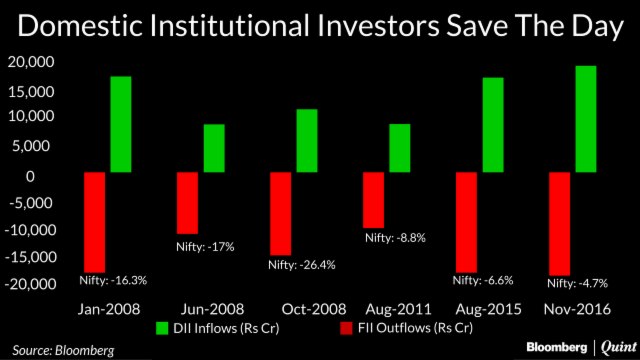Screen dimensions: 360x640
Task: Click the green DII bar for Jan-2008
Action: (x=121, y=124)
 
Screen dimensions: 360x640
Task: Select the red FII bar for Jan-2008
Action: (x=95, y=222)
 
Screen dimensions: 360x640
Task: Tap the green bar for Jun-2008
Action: (x=214, y=148)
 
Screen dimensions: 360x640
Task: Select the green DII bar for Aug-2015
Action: (x=492, y=124)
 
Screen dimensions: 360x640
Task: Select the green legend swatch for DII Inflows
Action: (x=162, y=327)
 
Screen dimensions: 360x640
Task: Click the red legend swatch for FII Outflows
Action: (x=347, y=327)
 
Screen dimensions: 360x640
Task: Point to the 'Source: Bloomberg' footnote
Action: (x=63, y=349)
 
